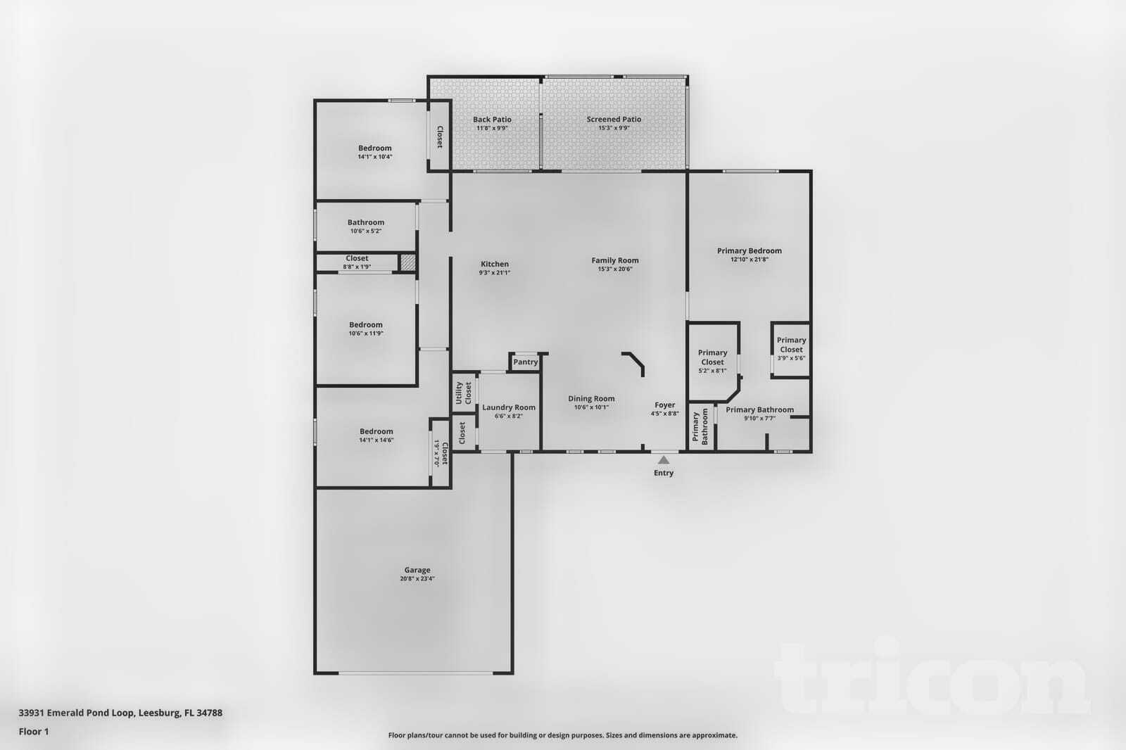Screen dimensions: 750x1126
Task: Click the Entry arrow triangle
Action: click(664, 459)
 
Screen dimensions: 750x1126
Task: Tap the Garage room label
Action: click(417, 570)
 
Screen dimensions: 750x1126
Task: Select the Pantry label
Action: click(525, 362)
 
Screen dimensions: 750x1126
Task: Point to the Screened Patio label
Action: click(614, 120)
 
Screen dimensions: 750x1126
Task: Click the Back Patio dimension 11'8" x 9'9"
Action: click(492, 128)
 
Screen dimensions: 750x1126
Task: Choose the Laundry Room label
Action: click(508, 407)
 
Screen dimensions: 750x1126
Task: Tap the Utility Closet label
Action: click(464, 393)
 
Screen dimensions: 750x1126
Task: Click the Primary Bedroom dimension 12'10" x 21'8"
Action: click(749, 259)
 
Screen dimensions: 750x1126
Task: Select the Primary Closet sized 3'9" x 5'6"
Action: click(791, 349)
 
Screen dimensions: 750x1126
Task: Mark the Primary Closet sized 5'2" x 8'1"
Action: click(712, 361)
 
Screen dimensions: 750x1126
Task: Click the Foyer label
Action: click(664, 405)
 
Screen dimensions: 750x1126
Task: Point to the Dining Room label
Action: click(591, 398)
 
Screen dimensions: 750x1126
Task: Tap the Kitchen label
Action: click(494, 264)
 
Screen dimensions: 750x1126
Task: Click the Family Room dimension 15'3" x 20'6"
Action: click(614, 269)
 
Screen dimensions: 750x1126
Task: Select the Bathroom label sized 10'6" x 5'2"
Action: click(366, 222)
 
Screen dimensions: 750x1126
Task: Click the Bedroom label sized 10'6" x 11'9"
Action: click(366, 325)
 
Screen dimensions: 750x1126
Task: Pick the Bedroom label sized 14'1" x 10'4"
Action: click(374, 148)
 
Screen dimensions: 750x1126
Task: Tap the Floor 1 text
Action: click(34, 732)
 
